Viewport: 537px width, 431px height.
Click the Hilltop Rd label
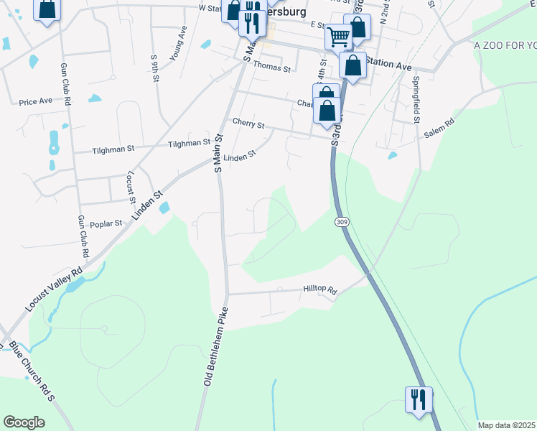coord(319,289)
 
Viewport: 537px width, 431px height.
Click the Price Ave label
coord(36,101)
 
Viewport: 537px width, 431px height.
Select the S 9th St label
coord(154,68)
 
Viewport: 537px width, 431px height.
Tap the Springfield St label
coord(415,94)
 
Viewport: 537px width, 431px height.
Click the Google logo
coord(24,422)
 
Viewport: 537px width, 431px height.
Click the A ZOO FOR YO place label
coord(505,45)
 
